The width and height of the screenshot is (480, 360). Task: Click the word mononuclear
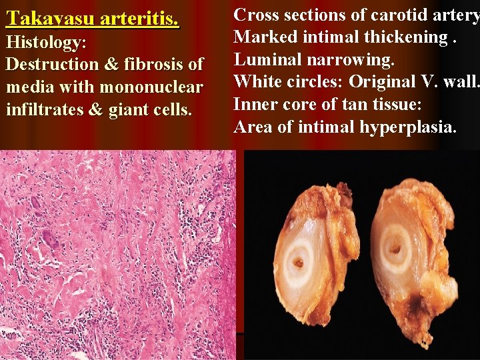155,87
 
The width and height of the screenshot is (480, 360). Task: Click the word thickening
406,38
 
